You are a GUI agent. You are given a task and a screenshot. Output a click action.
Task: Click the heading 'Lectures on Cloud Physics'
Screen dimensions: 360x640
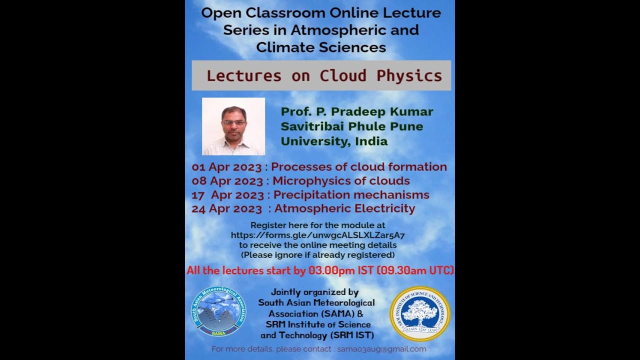324,75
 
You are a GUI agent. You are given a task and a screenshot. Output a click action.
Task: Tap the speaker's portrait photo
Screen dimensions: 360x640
233,126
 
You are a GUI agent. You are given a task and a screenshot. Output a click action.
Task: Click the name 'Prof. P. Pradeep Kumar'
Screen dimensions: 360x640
356,111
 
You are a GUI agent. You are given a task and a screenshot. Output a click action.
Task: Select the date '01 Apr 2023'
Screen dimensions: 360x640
226,167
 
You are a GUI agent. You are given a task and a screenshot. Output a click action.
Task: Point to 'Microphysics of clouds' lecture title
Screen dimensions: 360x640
341,181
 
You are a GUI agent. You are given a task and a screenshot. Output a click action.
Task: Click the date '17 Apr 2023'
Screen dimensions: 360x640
227,195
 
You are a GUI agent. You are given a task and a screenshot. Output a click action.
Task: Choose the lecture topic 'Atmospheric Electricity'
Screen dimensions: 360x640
344,208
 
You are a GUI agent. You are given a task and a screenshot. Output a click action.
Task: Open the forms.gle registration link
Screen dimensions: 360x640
317,235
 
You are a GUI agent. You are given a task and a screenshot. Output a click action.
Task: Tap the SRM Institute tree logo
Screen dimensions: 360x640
420,313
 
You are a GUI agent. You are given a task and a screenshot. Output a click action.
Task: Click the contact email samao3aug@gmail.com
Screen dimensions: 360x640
381,349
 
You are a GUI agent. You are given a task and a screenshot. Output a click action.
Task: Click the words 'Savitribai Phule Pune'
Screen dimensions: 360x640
351,126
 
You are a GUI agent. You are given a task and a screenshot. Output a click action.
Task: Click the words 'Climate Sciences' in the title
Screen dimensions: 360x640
321,47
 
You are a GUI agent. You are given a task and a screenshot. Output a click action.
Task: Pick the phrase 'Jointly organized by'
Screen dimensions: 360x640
314,292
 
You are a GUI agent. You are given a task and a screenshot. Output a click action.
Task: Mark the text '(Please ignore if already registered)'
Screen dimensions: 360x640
317,255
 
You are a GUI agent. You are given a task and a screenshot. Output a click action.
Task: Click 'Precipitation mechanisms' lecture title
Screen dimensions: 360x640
351,195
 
